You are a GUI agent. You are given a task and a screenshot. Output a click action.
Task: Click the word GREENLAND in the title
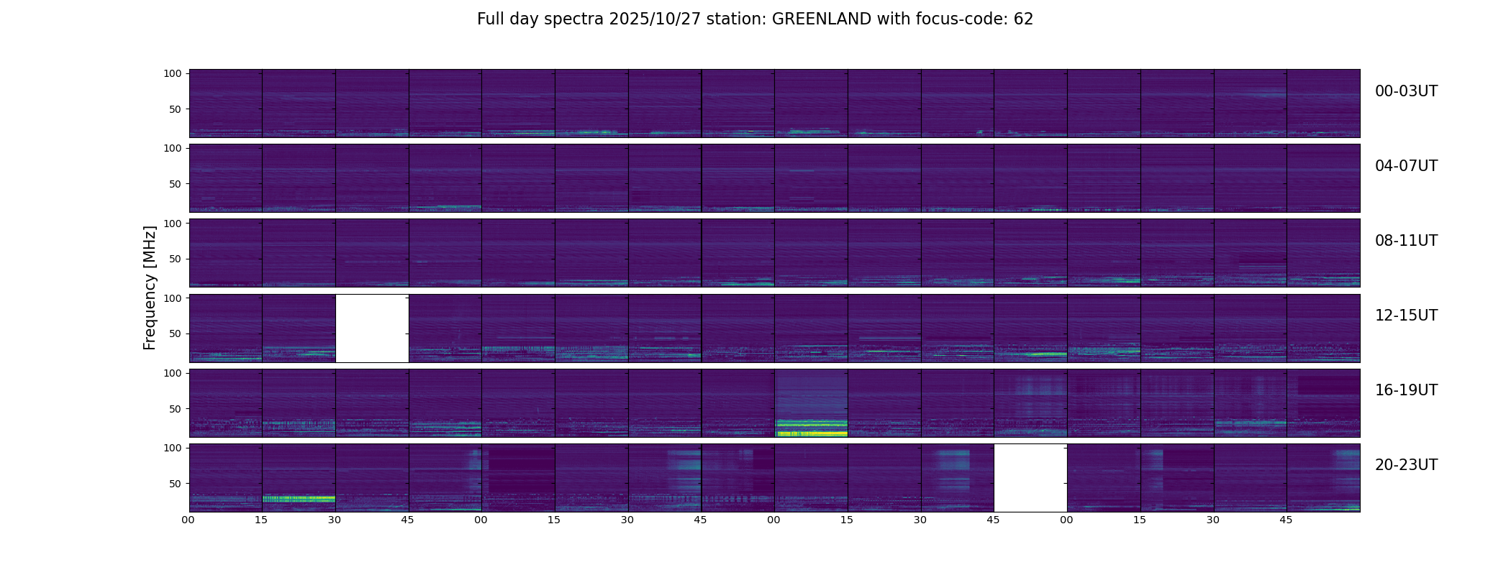click(x=822, y=19)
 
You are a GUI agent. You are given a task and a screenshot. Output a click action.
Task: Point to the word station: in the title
click(x=738, y=19)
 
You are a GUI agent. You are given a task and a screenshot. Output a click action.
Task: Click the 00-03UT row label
click(x=1406, y=91)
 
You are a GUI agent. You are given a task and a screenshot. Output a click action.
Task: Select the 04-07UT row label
click(x=1406, y=166)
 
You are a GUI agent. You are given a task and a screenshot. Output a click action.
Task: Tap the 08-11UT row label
click(x=1406, y=241)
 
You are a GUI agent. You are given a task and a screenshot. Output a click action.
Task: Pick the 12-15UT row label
click(x=1406, y=316)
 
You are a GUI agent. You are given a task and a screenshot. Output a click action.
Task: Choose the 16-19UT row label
click(x=1406, y=390)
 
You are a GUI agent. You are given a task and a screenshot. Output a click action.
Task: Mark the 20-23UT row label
click(x=1406, y=465)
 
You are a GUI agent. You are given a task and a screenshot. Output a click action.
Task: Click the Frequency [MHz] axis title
click(x=150, y=287)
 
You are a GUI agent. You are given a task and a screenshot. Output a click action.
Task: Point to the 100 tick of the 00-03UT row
click(x=173, y=73)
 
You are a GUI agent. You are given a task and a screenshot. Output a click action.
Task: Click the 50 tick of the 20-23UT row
click(x=176, y=484)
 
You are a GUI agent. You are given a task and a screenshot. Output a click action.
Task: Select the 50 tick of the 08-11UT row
click(x=176, y=259)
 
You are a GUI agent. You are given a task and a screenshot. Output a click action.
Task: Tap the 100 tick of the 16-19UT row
click(x=173, y=373)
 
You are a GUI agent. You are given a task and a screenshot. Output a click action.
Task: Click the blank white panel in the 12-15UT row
click(x=372, y=328)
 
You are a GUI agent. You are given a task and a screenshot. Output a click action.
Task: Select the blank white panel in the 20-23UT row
click(x=1030, y=478)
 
